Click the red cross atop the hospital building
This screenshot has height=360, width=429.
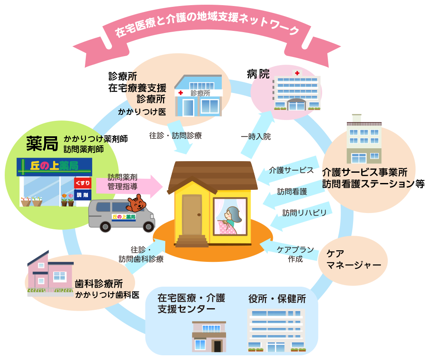coord(297,74)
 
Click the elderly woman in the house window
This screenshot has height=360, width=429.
coord(232,219)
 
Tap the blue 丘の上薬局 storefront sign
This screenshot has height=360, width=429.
coord(54,165)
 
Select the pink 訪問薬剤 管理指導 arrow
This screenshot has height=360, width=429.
coord(129,183)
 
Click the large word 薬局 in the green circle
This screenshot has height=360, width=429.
coord(42,144)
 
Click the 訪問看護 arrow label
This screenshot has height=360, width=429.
coord(292,192)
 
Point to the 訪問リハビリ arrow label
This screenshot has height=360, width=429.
coord(300,213)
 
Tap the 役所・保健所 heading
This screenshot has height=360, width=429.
coord(277,299)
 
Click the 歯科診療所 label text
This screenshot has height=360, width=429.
coord(99,284)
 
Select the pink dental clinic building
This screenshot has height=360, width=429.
coord(49,274)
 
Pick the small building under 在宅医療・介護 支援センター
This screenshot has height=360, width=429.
coord(208,336)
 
